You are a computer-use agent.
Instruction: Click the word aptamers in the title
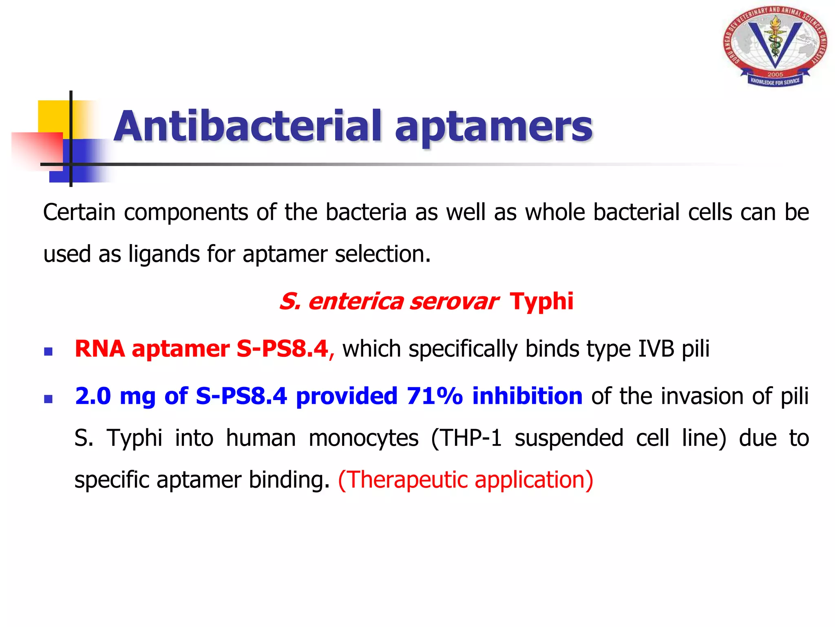493,127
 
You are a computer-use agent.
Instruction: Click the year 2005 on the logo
775,74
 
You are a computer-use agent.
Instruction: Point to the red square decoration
37,149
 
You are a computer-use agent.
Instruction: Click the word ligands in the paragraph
164,254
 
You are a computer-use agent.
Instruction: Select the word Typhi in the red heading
541,301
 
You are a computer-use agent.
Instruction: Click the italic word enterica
356,302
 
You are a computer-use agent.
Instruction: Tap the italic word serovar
453,302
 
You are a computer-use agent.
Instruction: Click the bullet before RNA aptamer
49,351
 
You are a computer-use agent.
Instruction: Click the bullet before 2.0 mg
49,398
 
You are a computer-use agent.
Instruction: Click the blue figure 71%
435,396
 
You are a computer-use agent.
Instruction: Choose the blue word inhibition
527,396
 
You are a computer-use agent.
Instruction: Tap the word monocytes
363,438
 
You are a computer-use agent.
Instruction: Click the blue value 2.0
93,396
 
